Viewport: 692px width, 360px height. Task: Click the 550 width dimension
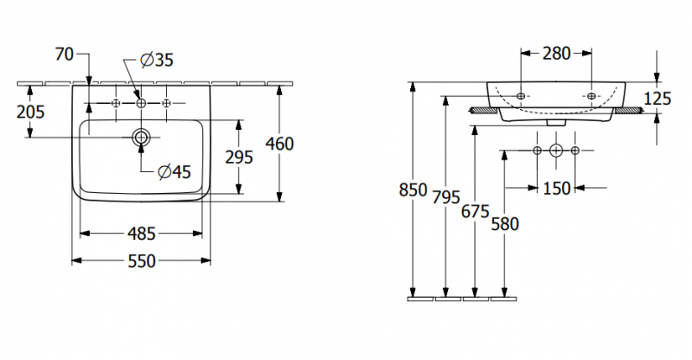click(x=141, y=260)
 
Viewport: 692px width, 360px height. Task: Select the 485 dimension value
click(x=141, y=233)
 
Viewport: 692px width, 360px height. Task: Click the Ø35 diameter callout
click(x=156, y=60)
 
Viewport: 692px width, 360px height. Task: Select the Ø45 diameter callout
click(x=174, y=172)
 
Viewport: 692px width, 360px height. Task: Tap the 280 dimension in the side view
click(x=556, y=54)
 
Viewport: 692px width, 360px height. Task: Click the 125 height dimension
click(x=657, y=99)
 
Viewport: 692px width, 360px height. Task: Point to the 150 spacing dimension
click(x=556, y=188)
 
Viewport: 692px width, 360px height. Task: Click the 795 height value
click(x=445, y=196)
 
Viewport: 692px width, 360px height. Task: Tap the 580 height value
click(x=504, y=224)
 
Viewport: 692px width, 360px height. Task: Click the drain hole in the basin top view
click(x=141, y=137)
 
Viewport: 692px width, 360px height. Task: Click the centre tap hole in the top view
click(x=141, y=103)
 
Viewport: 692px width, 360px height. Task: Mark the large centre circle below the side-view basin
click(x=556, y=151)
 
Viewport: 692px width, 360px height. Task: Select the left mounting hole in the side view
click(x=522, y=94)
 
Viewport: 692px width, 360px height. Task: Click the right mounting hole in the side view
click(x=592, y=94)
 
